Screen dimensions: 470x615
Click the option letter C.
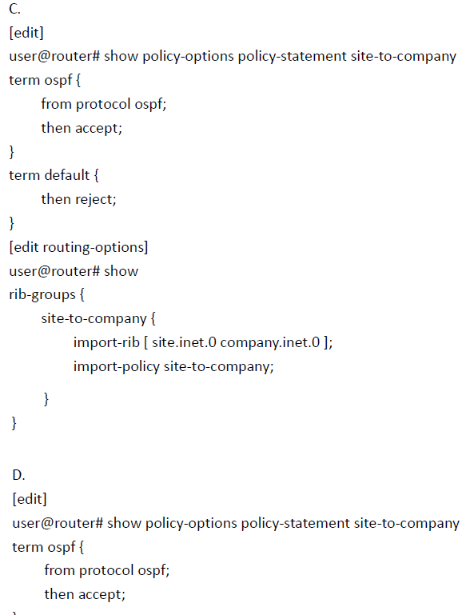14,9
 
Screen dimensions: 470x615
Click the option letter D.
18,475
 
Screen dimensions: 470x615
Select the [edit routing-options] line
78,247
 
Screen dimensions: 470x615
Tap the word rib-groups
42,294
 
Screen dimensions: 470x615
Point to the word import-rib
106,342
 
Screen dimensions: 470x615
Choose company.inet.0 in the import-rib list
270,343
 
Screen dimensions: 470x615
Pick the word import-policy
117,366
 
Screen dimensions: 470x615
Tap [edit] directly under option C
26,33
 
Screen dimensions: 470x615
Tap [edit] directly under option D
30,499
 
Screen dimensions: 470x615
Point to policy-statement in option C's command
292,57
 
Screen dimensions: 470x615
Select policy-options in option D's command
191,524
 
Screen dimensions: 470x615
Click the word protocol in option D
106,571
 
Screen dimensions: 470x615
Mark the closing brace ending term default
12,223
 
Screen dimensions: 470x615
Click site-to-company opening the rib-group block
94,318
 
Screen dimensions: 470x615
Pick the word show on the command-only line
121,271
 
